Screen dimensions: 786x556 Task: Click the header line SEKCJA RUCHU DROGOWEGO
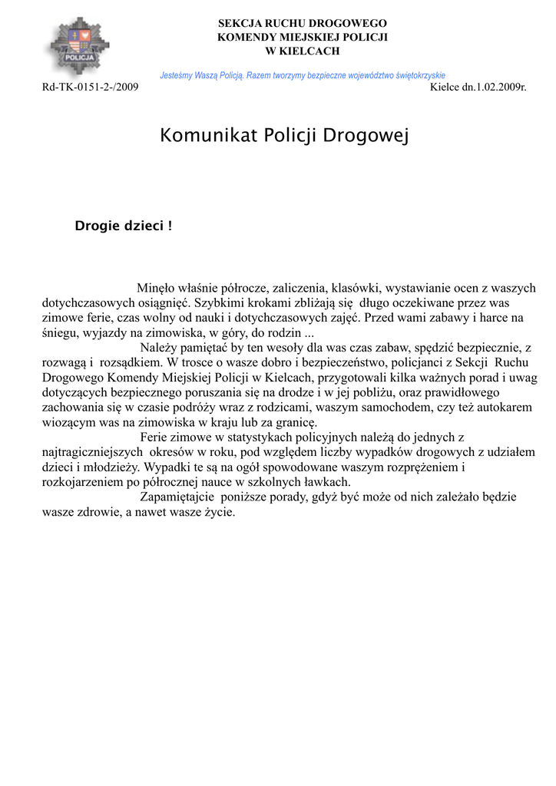coord(302,24)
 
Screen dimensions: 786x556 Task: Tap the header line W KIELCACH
coord(302,51)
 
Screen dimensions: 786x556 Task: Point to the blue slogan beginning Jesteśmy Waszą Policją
coord(303,75)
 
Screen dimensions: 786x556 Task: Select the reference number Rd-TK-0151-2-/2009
coord(90,88)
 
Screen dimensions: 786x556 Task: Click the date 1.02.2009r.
coord(498,88)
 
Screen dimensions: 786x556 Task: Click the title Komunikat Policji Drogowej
coord(284,137)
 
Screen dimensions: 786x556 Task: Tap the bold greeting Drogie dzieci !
coord(123,226)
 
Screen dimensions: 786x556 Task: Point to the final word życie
coord(219,512)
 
